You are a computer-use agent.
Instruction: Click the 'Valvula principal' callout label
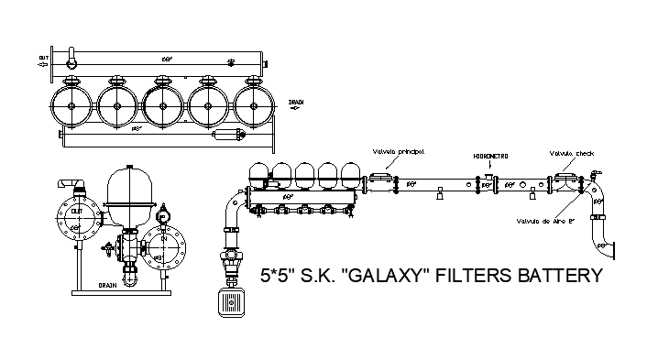(x=399, y=150)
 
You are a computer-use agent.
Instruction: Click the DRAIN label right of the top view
(x=296, y=103)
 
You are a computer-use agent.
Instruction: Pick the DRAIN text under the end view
(x=111, y=285)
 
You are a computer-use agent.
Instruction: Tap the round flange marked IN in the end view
(x=164, y=246)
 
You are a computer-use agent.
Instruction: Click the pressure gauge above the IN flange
(x=164, y=214)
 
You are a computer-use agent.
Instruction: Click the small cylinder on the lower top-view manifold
(x=225, y=136)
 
